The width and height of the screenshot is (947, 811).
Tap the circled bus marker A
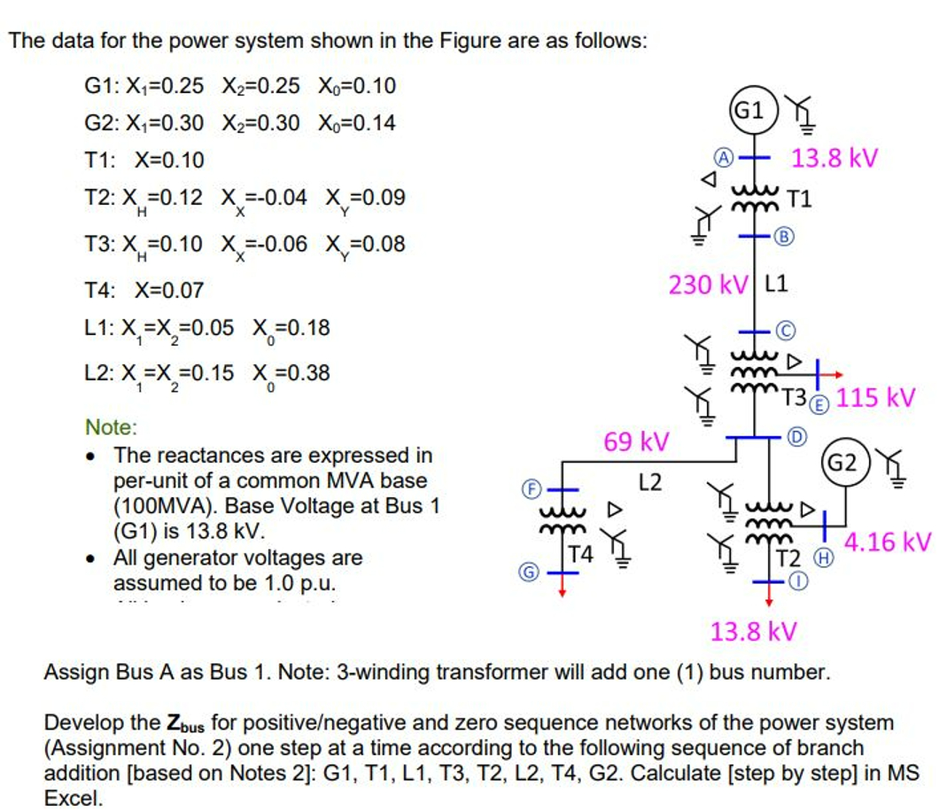pos(724,158)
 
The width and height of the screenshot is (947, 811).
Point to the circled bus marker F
pos(529,487)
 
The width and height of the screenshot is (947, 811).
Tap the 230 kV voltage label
pos(707,285)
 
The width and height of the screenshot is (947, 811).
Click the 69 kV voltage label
pos(635,441)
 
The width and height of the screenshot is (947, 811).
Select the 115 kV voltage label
pos(875,397)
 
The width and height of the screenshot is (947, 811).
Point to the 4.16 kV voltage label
pos(887,541)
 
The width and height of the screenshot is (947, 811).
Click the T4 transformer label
pos(581,556)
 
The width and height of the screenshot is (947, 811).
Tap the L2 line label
pos(650,483)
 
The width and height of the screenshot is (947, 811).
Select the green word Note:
pos(111,427)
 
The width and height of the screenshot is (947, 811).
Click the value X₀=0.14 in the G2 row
pos(356,122)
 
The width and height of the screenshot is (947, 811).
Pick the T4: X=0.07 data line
pos(144,290)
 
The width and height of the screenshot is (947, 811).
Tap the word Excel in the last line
pos(74,797)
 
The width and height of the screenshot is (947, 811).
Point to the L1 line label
pos(775,285)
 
